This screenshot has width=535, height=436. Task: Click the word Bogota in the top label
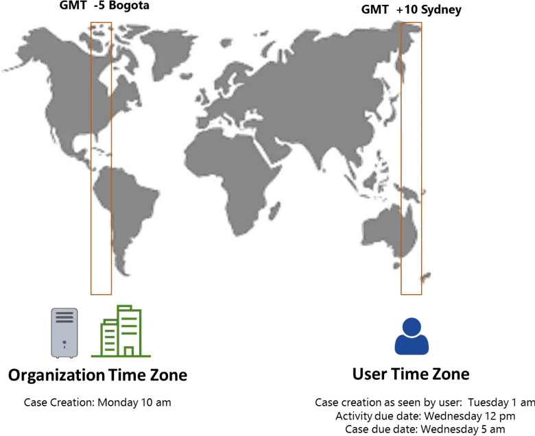pyautogui.click(x=129, y=5)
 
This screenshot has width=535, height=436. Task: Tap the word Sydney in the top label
pyautogui.click(x=441, y=10)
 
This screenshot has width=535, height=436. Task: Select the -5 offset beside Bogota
pyautogui.click(x=99, y=5)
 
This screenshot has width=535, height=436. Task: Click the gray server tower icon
pyautogui.click(x=64, y=333)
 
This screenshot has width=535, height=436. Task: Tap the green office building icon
pyautogui.click(x=121, y=331)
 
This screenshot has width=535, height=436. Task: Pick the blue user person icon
pyautogui.click(x=412, y=337)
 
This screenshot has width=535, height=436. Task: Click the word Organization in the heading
pyautogui.click(x=56, y=375)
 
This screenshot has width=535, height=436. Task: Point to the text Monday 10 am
pyautogui.click(x=134, y=402)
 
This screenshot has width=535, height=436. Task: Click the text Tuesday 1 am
pyautogui.click(x=501, y=402)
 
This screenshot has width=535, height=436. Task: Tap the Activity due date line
pyautogui.click(x=425, y=416)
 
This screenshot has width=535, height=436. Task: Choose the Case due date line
pyautogui.click(x=425, y=429)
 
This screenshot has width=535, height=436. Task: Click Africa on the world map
pyautogui.click(x=232, y=178)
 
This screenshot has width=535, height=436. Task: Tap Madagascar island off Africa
pyautogui.click(x=275, y=210)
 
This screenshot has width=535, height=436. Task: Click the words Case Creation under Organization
pyautogui.click(x=59, y=402)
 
